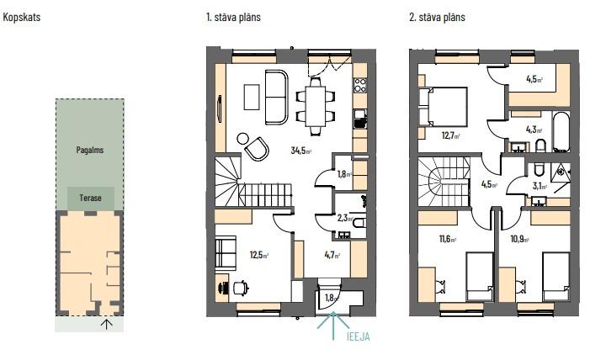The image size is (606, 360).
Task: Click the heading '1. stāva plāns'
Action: [233, 17]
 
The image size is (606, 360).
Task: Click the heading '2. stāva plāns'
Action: [437, 17]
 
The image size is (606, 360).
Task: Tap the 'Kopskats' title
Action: [22, 17]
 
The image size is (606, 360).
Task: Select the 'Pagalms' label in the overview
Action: [90, 150]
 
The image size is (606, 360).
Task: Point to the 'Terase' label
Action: [90, 198]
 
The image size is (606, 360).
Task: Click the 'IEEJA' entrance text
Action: [357, 336]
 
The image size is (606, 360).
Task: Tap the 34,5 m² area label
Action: [301, 151]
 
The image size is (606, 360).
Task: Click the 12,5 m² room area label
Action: [259, 255]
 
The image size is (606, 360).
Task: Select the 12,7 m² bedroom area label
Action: [450, 136]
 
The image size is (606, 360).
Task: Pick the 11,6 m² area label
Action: [448, 239]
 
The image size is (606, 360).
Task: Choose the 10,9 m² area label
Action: [519, 239]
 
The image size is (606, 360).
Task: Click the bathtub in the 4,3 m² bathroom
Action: [561, 132]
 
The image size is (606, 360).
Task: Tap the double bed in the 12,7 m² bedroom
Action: [444, 107]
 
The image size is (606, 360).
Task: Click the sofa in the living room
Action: [276, 97]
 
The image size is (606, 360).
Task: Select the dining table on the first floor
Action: [316, 106]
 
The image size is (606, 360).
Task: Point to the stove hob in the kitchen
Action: [360, 85]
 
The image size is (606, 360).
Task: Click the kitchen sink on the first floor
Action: [360, 119]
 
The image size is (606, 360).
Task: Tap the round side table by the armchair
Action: [243, 138]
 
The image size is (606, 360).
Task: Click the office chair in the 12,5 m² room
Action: [242, 288]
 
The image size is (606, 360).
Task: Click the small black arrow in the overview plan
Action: [107, 325]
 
